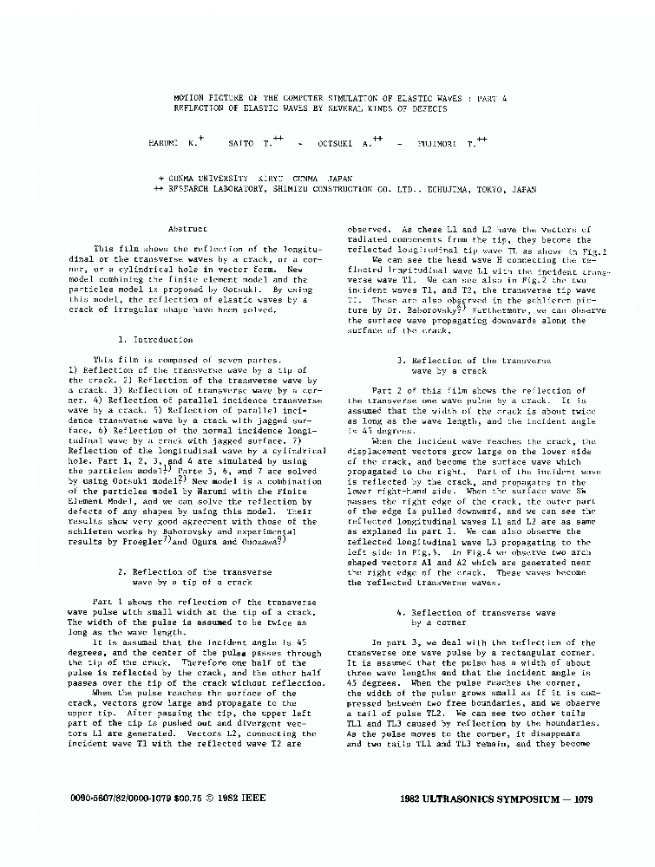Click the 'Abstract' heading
pos(187,229)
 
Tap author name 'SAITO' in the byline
pos(240,141)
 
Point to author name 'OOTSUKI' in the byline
pos(332,142)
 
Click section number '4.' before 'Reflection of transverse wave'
pos(400,613)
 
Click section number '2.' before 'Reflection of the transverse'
pos(121,572)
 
